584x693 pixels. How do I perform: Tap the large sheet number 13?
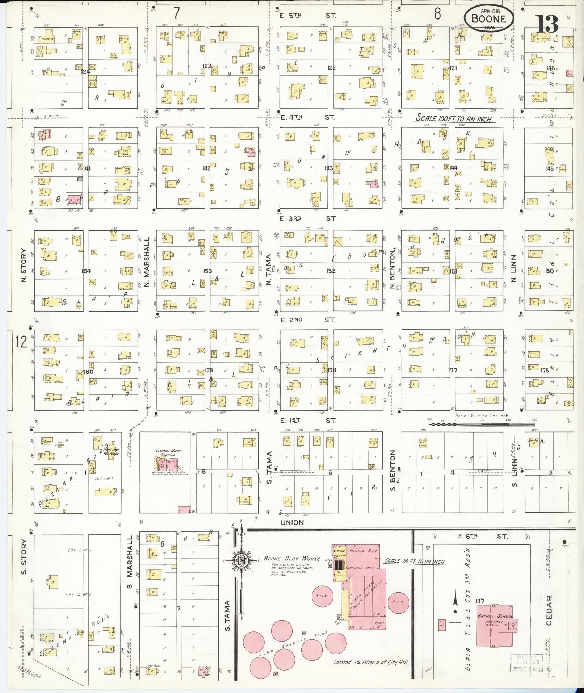[x=547, y=24]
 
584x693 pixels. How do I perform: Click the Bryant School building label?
[x=500, y=616]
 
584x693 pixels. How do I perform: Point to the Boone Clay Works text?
[x=291, y=558]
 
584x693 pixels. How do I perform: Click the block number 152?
[x=331, y=271]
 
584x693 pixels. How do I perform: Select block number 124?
[x=85, y=72]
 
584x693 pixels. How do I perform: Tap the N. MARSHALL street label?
[x=147, y=262]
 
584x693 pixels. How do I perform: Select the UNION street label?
[x=292, y=522]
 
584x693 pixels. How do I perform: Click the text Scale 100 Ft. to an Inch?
[x=453, y=118]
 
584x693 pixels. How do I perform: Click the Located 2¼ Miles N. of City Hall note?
[x=370, y=662]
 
